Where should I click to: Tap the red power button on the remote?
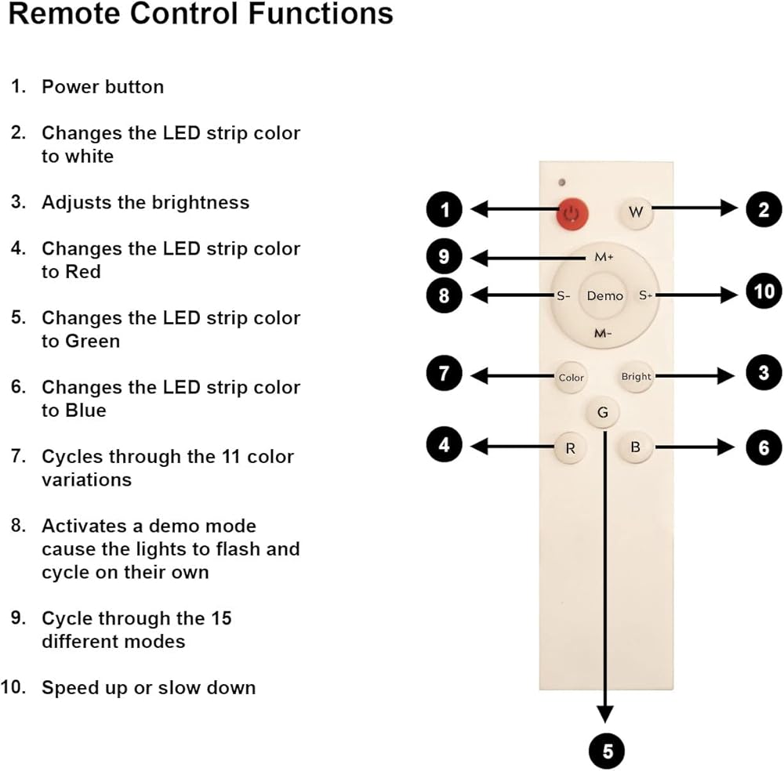click(x=573, y=212)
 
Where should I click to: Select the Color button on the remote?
click(x=572, y=377)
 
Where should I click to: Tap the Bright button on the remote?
click(x=636, y=376)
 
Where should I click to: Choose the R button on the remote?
click(x=570, y=449)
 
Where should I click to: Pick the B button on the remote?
click(x=636, y=448)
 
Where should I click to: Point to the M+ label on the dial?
click(x=604, y=257)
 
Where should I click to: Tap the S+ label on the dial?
click(x=645, y=295)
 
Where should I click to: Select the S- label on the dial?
click(x=561, y=296)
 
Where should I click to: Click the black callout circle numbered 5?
click(x=608, y=751)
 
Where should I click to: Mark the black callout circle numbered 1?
click(x=445, y=209)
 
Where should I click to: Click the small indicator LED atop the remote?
click(x=562, y=183)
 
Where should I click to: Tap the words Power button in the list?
click(x=103, y=87)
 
